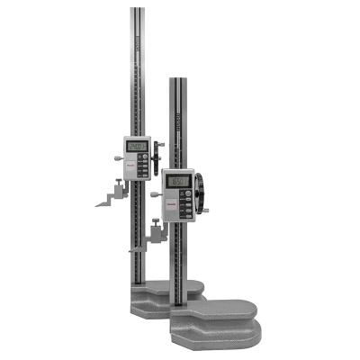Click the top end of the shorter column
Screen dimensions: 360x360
tap(177, 81)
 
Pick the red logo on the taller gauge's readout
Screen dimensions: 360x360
tap(127, 165)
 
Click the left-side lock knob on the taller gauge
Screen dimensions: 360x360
tap(119, 157)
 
